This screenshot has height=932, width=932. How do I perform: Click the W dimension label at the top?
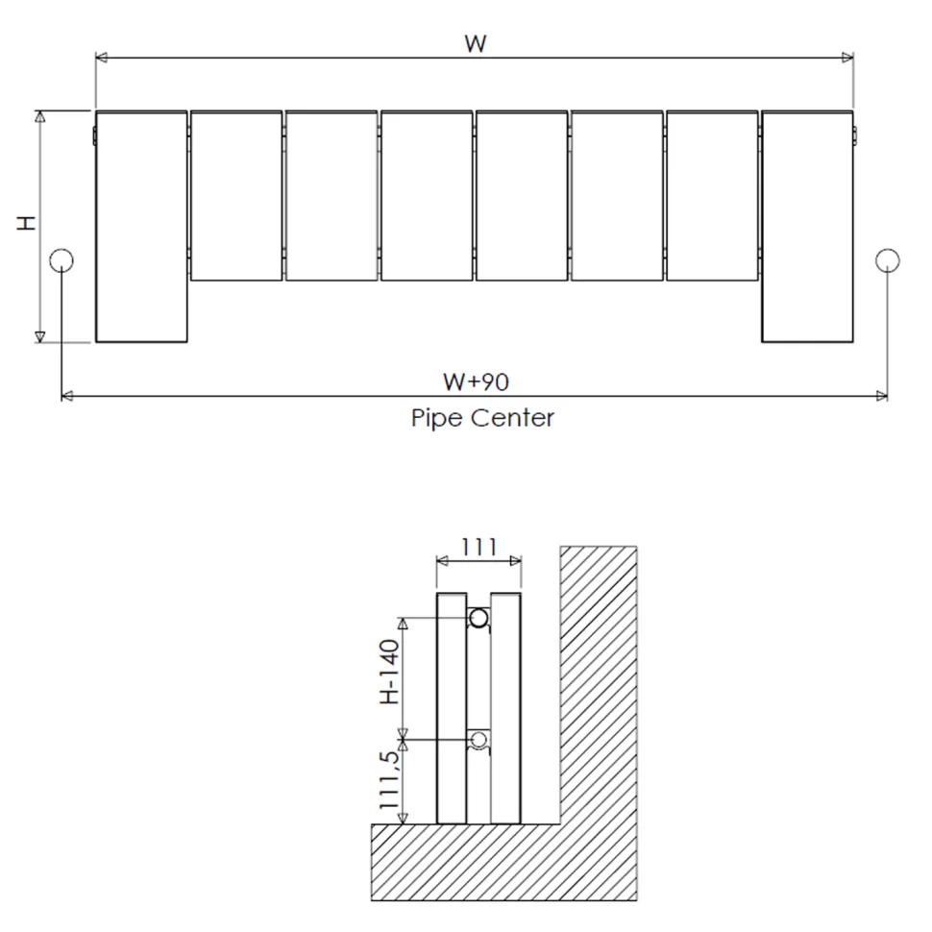pos(476,44)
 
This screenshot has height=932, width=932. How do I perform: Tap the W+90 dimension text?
pos(477,382)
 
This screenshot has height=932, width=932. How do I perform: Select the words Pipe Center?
pos(482,418)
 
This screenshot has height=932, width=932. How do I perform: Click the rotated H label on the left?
pos(26,223)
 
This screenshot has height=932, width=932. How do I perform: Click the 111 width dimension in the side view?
pos(479,547)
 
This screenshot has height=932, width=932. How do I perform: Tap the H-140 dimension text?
pos(389,673)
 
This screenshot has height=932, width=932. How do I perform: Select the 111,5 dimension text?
pos(389,780)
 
